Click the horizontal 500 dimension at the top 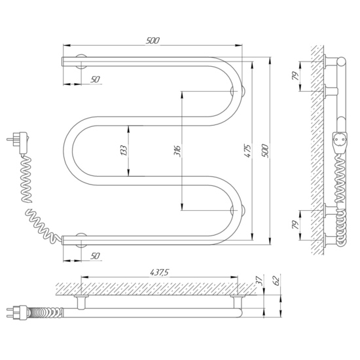[x=153, y=41]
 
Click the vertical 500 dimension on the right [x=265, y=151]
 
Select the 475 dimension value [x=247, y=151]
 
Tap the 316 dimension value [x=177, y=151]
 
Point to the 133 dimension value [x=124, y=151]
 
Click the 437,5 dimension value [x=159, y=272]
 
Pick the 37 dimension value [x=259, y=280]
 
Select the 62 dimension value [x=277, y=280]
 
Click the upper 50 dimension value [x=95, y=79]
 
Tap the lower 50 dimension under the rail [x=95, y=256]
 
